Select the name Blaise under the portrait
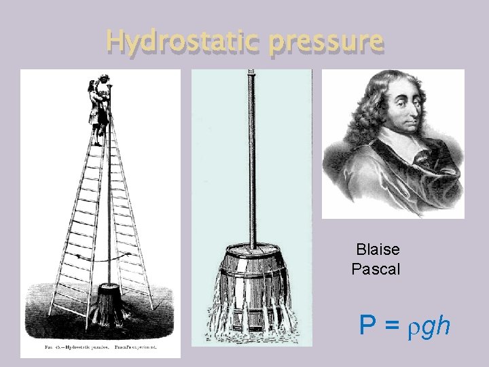pyautogui.click(x=378, y=249)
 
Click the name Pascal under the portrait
pyautogui.click(x=376, y=269)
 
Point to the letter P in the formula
pyautogui.click(x=367, y=326)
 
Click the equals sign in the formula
pyautogui.click(x=392, y=327)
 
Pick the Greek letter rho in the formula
pyautogui.click(x=413, y=329)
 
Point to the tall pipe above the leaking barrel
pyautogui.click(x=251, y=156)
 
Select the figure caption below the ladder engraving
pyautogui.click(x=101, y=347)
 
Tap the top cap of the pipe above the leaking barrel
pyautogui.click(x=251, y=71)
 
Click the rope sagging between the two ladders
pyautogui.click(x=102, y=261)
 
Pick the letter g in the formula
pyautogui.click(x=428, y=329)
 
